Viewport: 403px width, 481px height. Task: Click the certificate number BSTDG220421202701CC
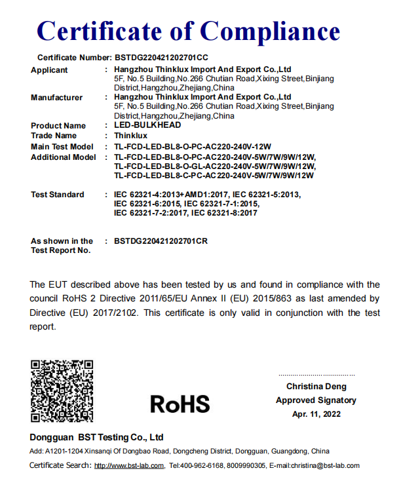point(161,58)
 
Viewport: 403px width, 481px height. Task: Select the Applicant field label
point(49,70)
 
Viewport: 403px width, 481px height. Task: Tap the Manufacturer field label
point(57,98)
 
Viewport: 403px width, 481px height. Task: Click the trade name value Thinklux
point(130,136)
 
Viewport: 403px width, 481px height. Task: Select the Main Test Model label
point(62,147)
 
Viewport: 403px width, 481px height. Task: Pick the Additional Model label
point(64,157)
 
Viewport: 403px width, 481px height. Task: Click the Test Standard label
point(58,195)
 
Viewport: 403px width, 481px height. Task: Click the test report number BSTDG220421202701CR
point(161,241)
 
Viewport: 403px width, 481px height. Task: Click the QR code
point(62,391)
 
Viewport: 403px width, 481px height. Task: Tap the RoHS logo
point(180,404)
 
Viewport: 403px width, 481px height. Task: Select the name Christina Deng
point(317,387)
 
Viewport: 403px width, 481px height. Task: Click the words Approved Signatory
point(317,400)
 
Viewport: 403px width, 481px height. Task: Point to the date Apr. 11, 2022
point(317,414)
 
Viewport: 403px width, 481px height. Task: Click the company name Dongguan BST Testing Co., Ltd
point(96,437)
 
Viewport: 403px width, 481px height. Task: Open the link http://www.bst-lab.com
point(129,466)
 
